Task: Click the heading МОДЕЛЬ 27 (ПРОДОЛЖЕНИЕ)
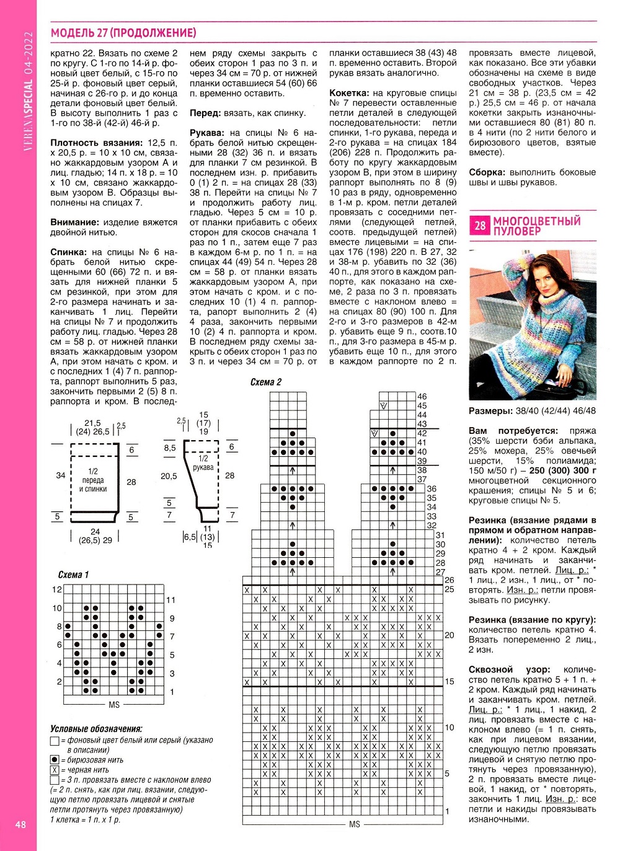123,33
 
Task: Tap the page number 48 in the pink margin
20,824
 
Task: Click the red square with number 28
480,226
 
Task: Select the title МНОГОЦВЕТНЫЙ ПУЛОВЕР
537,226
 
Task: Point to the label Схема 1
73,575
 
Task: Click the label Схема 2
265,382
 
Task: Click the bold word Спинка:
69,252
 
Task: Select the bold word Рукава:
206,133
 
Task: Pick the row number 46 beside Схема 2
422,397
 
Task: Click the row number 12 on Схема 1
57,589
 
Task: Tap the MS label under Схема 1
114,705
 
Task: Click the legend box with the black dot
55,760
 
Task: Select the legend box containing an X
55,770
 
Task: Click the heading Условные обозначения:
96,729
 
